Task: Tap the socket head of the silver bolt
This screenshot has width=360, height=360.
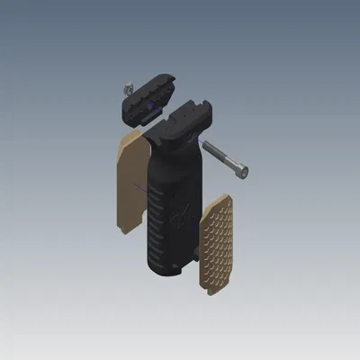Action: point(242,169)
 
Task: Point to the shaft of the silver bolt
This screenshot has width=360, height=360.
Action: point(222,157)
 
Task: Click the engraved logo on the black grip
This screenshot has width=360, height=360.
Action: point(184,216)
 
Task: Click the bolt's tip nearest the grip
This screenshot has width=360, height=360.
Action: point(205,146)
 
